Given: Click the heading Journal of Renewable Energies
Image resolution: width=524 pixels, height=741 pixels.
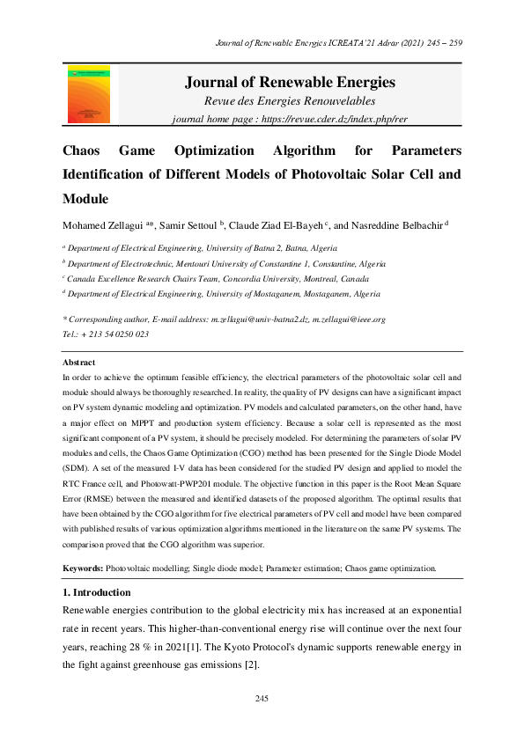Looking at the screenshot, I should pos(290,83).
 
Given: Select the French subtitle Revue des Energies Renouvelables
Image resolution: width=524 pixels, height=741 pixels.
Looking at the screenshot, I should pos(290,102).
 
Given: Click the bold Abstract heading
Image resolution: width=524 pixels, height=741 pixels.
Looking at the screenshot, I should pos(78,363).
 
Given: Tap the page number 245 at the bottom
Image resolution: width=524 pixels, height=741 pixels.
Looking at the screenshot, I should pos(262,698).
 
